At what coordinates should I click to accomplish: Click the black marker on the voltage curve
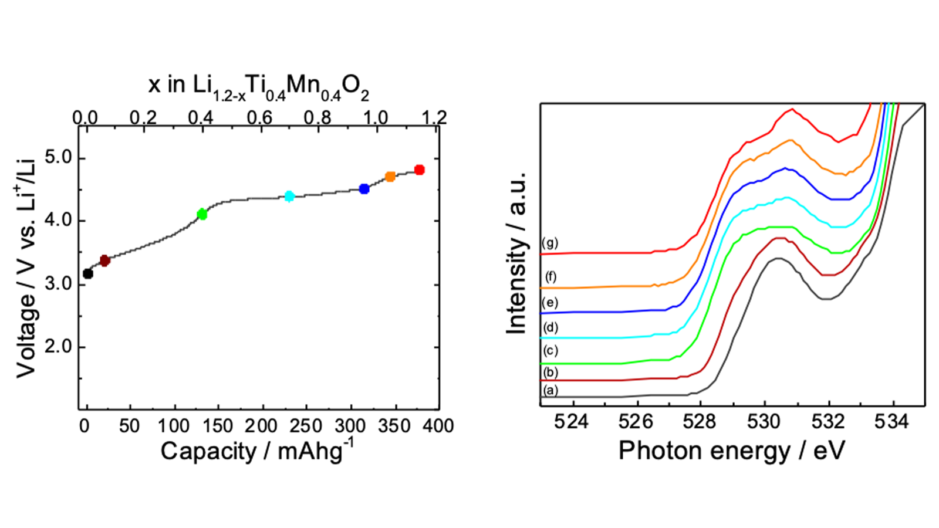tap(87, 273)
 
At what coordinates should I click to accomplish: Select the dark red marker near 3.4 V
tap(105, 260)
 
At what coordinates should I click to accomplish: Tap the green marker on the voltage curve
tap(202, 214)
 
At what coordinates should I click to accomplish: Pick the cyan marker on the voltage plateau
tap(289, 196)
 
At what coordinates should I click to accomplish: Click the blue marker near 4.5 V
tap(364, 189)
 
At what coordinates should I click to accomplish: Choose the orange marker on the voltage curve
tap(390, 177)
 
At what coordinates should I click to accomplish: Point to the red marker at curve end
tap(419, 170)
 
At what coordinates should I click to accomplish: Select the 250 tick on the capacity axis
tap(306, 426)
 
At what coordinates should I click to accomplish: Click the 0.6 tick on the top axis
tap(259, 118)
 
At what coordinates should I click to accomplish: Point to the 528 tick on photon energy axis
tap(700, 422)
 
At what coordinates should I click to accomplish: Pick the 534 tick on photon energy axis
tap(891, 422)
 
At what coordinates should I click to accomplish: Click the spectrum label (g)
tap(549, 243)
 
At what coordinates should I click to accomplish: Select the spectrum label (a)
tap(550, 390)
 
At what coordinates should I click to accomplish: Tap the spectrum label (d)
tap(550, 327)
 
